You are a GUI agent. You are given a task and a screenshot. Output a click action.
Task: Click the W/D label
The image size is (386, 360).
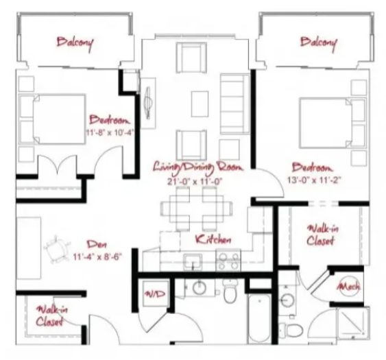[155, 293]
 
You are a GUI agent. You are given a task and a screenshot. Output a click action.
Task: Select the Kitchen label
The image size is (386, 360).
[213, 239]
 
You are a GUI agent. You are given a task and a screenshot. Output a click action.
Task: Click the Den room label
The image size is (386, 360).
[97, 244]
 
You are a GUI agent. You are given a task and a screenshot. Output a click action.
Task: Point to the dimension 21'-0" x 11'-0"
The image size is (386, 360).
[195, 182]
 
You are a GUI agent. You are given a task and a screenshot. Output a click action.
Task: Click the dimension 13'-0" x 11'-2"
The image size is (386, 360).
[314, 180]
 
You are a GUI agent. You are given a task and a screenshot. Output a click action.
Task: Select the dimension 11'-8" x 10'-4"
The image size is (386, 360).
[110, 132]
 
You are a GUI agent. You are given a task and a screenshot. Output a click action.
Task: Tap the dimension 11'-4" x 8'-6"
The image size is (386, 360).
[97, 257]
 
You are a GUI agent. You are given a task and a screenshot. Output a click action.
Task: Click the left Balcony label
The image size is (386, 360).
[75, 43]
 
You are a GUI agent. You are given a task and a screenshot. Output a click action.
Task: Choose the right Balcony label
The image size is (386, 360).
[319, 43]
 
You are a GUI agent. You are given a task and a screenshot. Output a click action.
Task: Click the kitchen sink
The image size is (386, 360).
[193, 262]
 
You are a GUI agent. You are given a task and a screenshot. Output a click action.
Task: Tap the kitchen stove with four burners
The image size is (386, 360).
[228, 261]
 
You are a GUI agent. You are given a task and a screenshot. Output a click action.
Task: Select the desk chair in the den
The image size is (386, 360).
[57, 249]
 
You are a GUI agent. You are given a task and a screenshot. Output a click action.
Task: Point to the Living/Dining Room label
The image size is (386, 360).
[198, 167]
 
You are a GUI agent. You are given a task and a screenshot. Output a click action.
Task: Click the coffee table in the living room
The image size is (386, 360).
[200, 104]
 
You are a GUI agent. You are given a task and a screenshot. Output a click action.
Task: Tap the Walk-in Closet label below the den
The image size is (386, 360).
[51, 316]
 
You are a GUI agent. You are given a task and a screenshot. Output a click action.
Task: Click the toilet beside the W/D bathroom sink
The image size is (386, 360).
[230, 291]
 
